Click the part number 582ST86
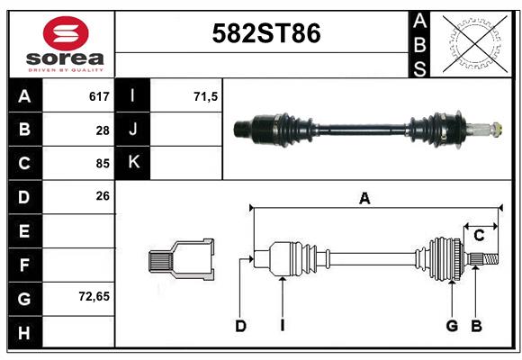coord(266,33)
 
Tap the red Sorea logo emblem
coord(66,33)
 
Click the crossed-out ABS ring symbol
coord(475,44)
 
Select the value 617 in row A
coord(99,96)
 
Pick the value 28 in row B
coord(103,130)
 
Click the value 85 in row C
coord(103,164)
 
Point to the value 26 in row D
coord(103,196)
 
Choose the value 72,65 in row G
coord(94,296)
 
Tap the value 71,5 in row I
coord(206,96)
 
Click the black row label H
coord(24,332)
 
